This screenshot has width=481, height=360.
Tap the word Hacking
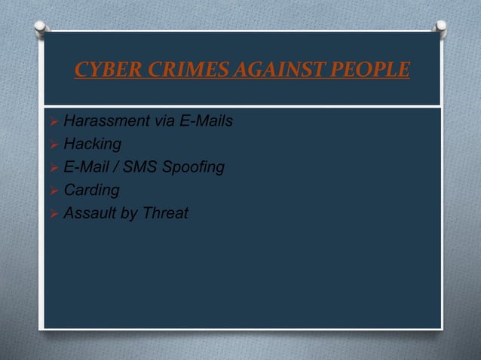coord(87,143)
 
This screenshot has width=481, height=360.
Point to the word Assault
coord(90,214)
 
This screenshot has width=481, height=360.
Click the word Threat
coord(166,214)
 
